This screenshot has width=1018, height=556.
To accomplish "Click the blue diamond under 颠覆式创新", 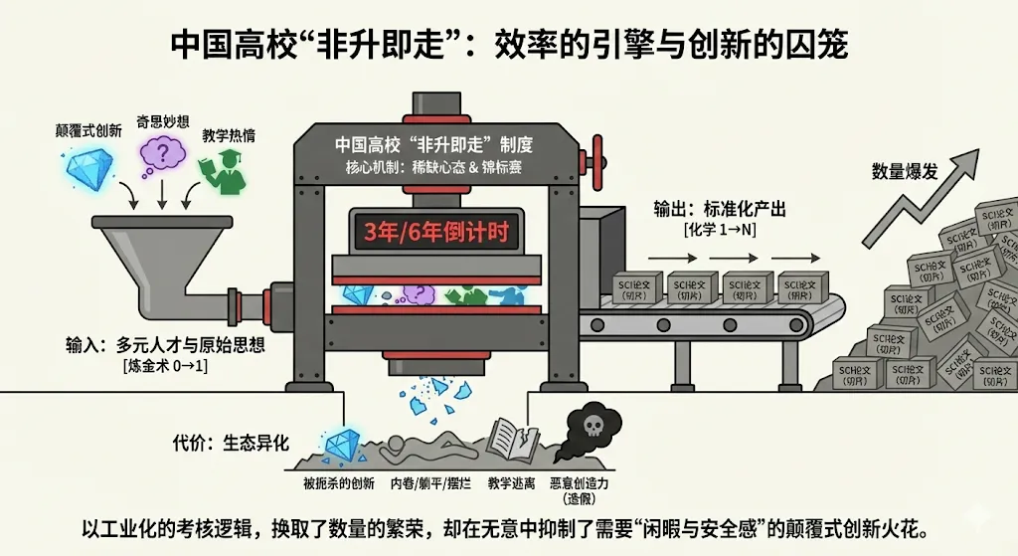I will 88,170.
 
